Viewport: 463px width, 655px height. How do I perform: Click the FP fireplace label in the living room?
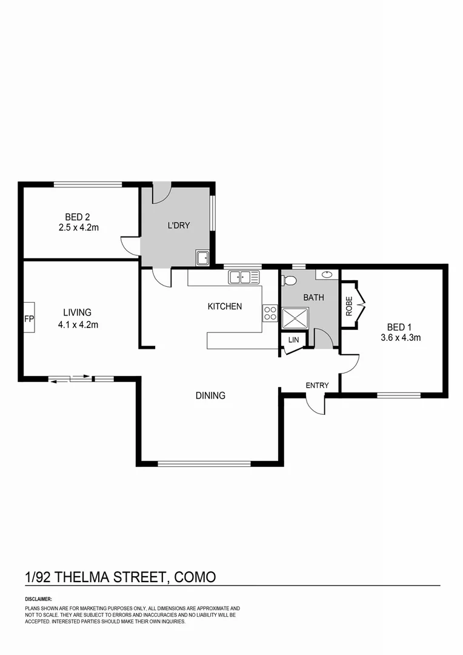click(28, 318)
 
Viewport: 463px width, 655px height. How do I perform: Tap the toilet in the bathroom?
click(289, 281)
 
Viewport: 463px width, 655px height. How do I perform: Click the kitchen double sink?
click(244, 278)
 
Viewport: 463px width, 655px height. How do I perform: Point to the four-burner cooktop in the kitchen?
click(270, 313)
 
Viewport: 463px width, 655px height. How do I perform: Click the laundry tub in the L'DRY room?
click(202, 257)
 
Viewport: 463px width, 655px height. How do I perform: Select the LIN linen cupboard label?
click(294, 340)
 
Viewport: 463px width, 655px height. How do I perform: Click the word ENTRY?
click(317, 385)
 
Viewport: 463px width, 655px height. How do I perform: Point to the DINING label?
click(210, 395)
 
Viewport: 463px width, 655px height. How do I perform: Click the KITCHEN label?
click(225, 306)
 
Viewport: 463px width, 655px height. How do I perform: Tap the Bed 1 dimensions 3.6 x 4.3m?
click(401, 338)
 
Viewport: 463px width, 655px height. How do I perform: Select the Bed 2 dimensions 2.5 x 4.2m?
click(78, 228)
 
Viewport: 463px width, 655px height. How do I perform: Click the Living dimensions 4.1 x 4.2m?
click(78, 324)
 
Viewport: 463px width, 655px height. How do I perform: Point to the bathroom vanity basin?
click(327, 274)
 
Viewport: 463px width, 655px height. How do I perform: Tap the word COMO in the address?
click(195, 576)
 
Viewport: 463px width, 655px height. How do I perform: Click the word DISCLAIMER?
click(39, 599)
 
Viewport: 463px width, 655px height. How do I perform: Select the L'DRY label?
click(179, 226)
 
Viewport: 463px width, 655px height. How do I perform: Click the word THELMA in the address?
click(81, 576)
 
